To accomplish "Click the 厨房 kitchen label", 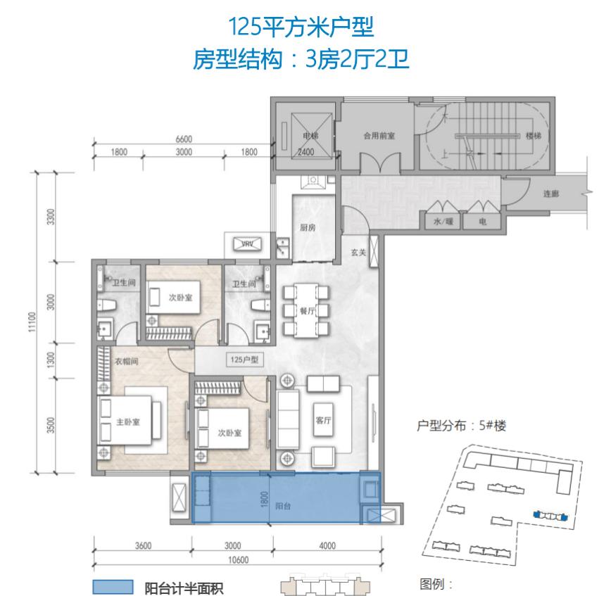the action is (x=308, y=227).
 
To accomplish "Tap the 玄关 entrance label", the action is (x=358, y=253).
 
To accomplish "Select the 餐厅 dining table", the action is (x=306, y=311).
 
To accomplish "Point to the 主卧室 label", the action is (x=128, y=422).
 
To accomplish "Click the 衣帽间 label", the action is (x=126, y=362).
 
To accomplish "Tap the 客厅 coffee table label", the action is (x=323, y=420).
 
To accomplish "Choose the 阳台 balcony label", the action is (x=283, y=506).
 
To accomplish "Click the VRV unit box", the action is (x=248, y=244).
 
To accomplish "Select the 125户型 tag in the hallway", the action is (x=244, y=360).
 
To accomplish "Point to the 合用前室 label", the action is (x=379, y=136).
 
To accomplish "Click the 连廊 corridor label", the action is (x=551, y=194).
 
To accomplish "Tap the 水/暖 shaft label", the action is (x=443, y=221).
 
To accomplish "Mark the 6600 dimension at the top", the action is (x=184, y=139).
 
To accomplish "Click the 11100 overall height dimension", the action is (x=32, y=322).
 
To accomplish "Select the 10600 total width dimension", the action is (x=238, y=560).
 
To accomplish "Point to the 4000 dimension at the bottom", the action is (x=327, y=546).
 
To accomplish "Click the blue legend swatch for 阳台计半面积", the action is (x=113, y=587).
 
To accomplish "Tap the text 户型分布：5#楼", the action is (x=461, y=426).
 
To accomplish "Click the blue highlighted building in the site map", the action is (x=550, y=516).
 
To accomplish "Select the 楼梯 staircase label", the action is (x=534, y=136).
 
